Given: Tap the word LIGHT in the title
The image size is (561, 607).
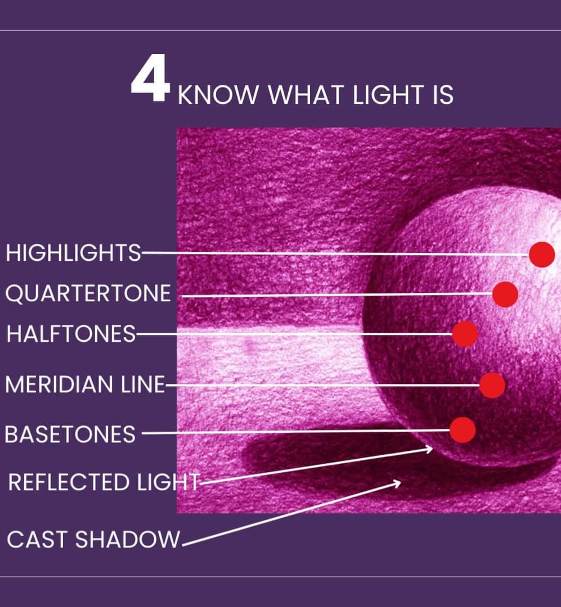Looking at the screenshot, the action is click(x=388, y=95).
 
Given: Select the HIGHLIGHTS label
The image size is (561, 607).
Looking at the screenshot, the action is click(x=73, y=253).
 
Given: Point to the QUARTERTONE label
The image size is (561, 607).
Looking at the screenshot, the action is click(x=88, y=293).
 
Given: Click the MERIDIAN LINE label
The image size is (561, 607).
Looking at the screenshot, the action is click(x=86, y=384).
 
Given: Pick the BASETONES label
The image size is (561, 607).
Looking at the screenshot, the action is click(x=70, y=434).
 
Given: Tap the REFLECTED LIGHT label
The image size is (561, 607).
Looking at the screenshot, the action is click(x=104, y=482).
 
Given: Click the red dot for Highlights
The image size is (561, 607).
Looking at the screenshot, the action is click(x=542, y=255).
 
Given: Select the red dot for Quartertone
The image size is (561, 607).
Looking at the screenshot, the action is click(x=505, y=294).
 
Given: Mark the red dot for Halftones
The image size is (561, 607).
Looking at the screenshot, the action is click(x=465, y=334).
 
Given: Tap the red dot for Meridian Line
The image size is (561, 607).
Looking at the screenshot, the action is click(x=492, y=385).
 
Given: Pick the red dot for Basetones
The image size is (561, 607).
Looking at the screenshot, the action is click(x=463, y=430).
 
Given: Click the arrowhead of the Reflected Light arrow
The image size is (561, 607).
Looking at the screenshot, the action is click(x=429, y=449).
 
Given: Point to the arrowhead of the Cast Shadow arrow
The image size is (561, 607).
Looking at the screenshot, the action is click(x=397, y=483).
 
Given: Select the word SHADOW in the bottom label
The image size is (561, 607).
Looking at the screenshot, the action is click(x=128, y=539).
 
